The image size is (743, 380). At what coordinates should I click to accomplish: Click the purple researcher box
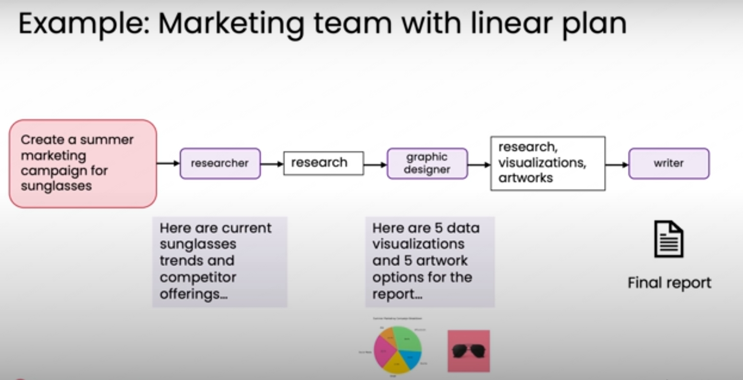click(220, 164)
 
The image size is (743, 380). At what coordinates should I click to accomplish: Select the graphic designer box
click(427, 164)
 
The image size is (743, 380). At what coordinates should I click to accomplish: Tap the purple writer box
click(668, 164)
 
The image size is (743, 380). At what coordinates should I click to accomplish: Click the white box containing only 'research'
click(323, 163)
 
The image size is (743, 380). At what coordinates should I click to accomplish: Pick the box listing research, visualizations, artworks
click(548, 163)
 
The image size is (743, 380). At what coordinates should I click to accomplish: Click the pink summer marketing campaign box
click(83, 164)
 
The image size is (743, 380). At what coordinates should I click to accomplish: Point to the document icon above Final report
click(668, 239)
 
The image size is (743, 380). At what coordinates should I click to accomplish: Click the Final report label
click(669, 283)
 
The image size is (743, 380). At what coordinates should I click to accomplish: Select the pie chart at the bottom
click(397, 350)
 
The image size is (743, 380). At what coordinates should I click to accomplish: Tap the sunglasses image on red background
click(469, 351)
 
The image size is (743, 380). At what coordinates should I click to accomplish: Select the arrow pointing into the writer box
click(617, 164)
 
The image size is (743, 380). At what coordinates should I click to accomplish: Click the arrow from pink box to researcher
click(168, 163)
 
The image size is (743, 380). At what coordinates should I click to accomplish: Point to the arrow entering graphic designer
click(375, 164)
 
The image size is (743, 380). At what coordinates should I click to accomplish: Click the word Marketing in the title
click(231, 24)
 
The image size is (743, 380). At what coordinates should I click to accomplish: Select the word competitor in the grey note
click(198, 277)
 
